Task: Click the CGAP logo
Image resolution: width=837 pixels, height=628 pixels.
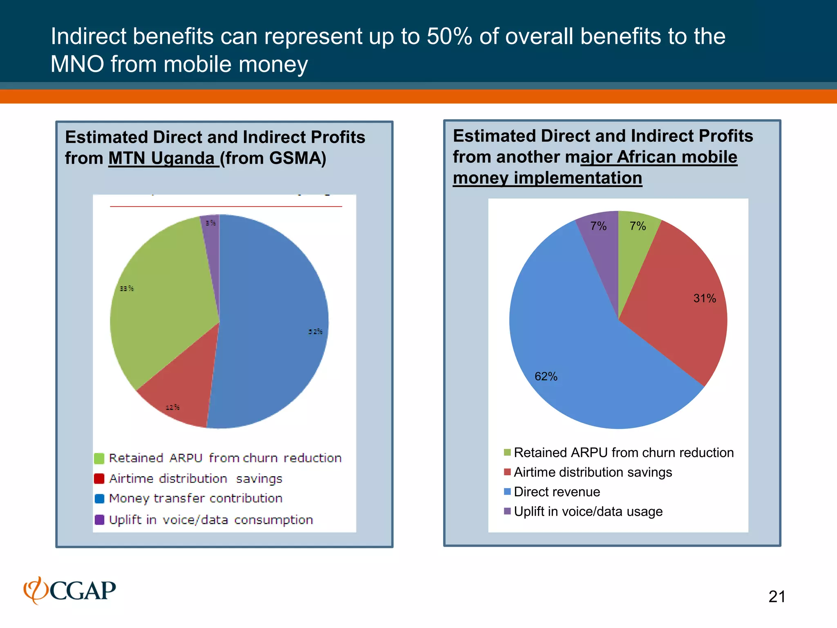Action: tap(70, 590)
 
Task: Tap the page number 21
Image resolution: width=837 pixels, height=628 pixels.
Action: tap(777, 597)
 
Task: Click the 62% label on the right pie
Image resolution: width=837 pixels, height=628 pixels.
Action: tap(546, 376)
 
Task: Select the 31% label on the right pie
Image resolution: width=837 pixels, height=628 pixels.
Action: tap(704, 298)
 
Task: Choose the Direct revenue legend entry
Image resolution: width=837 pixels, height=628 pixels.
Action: tap(557, 492)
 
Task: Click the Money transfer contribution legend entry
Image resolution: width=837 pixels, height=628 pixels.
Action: tap(195, 498)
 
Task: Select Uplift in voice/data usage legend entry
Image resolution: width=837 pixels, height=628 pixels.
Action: tap(588, 511)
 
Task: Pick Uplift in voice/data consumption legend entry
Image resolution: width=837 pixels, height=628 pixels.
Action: tap(210, 520)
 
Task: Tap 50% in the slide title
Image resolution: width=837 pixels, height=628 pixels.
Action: tap(449, 36)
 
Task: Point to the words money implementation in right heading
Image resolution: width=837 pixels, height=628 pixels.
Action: tap(547, 178)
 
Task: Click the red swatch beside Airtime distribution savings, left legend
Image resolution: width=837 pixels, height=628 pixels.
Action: tap(99, 478)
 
